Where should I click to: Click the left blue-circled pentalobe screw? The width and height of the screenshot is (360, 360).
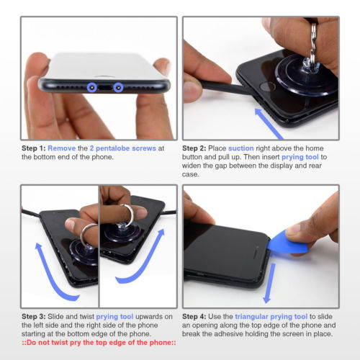point(92,88)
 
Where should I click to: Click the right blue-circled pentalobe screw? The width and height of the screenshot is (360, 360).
point(118,88)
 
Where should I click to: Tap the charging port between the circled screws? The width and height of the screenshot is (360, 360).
point(105,88)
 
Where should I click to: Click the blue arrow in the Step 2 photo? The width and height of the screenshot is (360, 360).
point(269,123)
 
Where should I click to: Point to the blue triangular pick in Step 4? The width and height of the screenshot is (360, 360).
point(287,243)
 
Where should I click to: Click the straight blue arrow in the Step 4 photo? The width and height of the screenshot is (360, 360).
point(269,283)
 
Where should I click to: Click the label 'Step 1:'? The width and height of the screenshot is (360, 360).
point(34,148)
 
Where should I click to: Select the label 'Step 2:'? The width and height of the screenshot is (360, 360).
point(194,148)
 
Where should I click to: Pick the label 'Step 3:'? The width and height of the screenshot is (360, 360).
point(34,317)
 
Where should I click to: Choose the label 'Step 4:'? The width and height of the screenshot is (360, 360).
point(194,317)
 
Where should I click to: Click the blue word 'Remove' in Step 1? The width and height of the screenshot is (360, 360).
point(62,148)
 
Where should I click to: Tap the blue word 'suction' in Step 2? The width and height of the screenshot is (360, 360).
point(241,148)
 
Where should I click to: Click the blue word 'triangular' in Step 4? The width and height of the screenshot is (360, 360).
point(251,317)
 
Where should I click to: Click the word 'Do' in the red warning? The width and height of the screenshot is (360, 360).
point(31,343)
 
